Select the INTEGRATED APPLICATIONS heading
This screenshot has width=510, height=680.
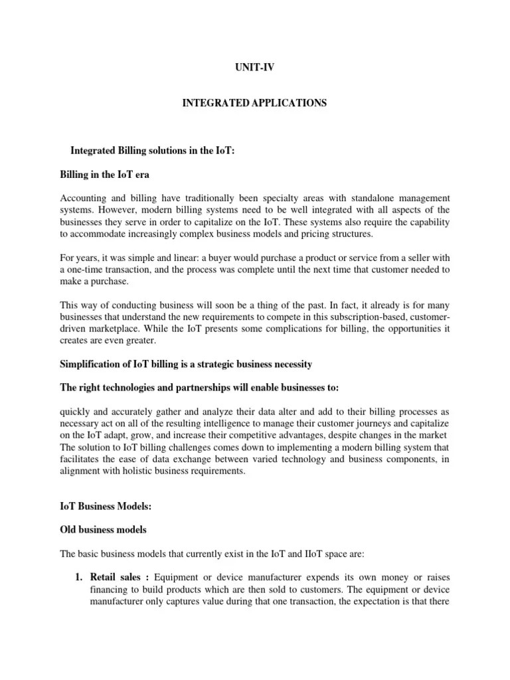pyautogui.click(x=255, y=104)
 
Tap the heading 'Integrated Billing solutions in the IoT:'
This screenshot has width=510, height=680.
pyautogui.click(x=153, y=151)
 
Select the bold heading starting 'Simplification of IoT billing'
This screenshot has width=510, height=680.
pyautogui.click(x=186, y=365)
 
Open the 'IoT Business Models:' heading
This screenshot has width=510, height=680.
pyautogui.click(x=106, y=507)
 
